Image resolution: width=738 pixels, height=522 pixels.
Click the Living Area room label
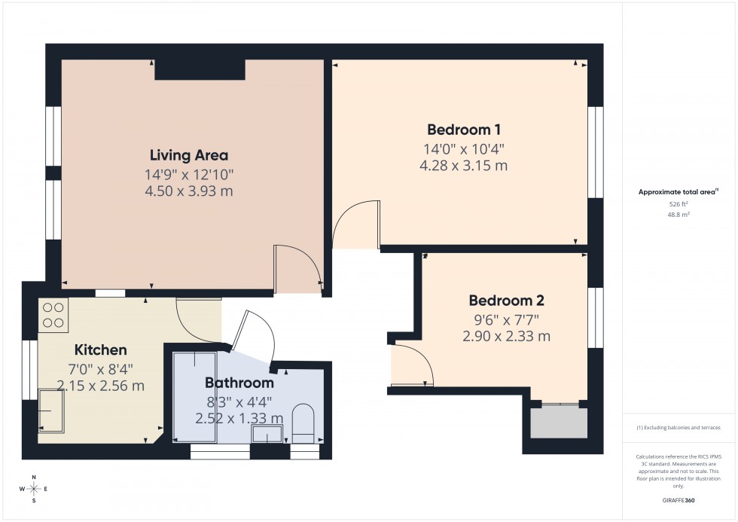[188, 156]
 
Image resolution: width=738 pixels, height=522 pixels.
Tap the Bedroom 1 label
[464, 129]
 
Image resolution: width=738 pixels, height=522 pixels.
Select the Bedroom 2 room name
[506, 300]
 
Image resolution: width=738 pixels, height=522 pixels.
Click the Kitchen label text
[100, 350]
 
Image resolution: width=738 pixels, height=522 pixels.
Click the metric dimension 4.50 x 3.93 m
[188, 191]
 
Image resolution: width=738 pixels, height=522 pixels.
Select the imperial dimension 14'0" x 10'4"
[464, 148]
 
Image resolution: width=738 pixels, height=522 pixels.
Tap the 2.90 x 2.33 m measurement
[506, 336]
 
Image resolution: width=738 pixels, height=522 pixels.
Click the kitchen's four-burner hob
[53, 315]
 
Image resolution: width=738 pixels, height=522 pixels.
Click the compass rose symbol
[34, 489]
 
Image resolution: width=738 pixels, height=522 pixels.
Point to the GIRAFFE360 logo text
[680, 499]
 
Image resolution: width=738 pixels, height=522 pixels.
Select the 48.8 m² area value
[679, 215]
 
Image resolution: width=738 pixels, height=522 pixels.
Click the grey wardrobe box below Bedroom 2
[558, 423]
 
